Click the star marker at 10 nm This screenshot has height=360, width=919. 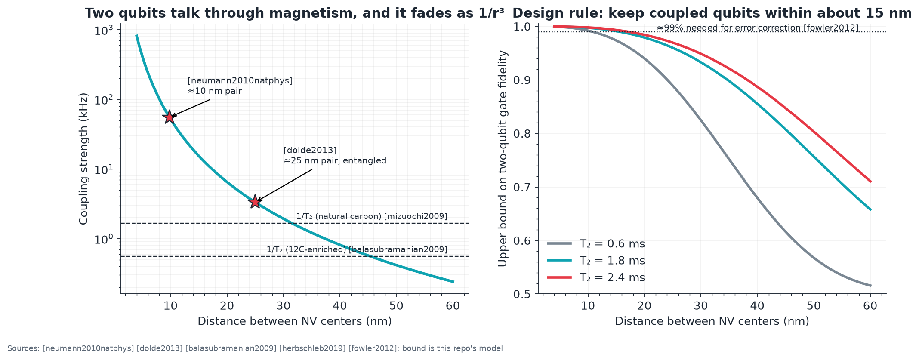coord(170,117)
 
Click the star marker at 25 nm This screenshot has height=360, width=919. coord(255,201)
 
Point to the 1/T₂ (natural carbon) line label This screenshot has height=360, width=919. coord(372,216)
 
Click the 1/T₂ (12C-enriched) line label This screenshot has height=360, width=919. coord(357,249)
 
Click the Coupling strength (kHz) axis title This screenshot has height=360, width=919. coord(83,159)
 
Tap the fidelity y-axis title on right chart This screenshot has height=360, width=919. coord(503,159)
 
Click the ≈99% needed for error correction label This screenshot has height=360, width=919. coord(758,28)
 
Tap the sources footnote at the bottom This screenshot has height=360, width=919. coord(255,348)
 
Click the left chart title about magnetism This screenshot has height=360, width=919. coord(294,13)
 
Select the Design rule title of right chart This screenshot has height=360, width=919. coord(712,13)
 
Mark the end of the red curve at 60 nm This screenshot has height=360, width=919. coord(870,182)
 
